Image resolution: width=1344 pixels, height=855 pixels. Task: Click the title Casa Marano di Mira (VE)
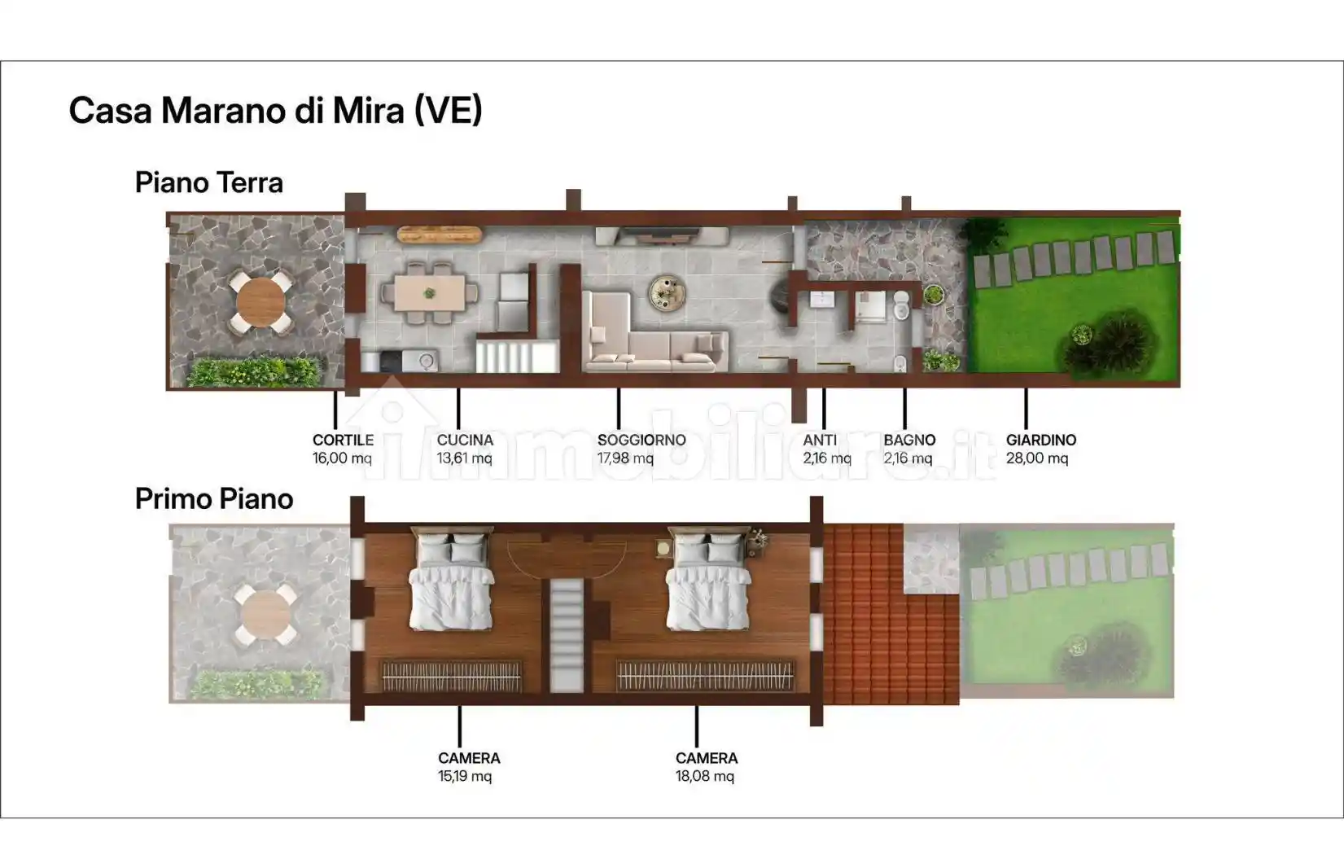(x=275, y=111)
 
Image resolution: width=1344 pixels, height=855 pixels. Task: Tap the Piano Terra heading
(x=208, y=182)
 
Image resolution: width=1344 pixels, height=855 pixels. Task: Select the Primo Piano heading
(x=214, y=498)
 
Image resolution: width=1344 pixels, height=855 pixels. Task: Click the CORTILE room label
(x=344, y=440)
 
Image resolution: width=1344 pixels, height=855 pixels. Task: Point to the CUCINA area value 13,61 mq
(x=464, y=458)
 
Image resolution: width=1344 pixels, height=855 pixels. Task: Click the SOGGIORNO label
(x=641, y=440)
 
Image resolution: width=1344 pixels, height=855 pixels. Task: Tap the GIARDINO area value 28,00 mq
(x=1037, y=458)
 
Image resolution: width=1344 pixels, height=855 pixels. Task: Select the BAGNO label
(x=909, y=440)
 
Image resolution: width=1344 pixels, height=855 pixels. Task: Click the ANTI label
(x=820, y=440)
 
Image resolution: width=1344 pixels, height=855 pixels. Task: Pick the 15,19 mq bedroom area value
(x=465, y=776)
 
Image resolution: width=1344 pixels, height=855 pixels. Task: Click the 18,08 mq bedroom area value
(x=705, y=776)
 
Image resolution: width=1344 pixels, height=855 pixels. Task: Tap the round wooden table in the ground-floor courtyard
(x=260, y=302)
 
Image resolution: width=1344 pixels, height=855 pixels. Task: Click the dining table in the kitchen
(x=430, y=293)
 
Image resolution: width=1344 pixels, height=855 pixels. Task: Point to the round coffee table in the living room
(x=668, y=293)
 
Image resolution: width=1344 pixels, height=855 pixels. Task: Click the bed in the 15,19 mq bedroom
(x=451, y=580)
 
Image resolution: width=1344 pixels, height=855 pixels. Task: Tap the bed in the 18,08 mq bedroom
(x=708, y=580)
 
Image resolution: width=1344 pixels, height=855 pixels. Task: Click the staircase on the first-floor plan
(x=567, y=635)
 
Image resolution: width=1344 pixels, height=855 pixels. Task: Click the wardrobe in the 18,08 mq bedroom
(x=705, y=676)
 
